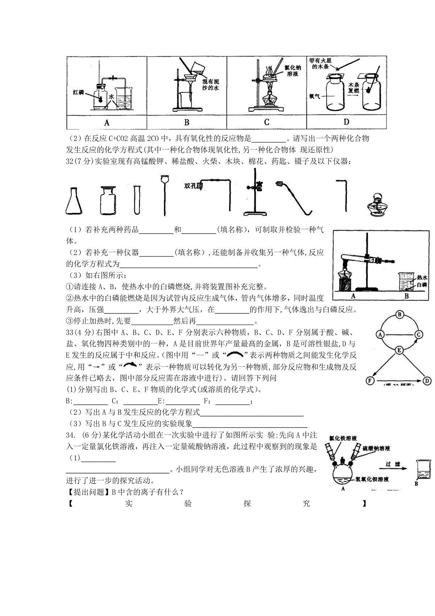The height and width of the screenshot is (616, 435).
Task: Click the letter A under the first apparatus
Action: [x=107, y=123]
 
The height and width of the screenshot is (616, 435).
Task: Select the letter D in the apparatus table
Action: [x=346, y=122]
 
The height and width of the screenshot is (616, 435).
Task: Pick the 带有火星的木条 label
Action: [x=320, y=63]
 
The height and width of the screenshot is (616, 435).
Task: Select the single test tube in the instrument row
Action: [x=137, y=200]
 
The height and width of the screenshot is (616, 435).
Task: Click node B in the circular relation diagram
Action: [x=399, y=315]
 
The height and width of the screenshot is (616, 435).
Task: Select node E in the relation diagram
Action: [x=399, y=350]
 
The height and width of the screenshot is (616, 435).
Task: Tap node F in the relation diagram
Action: [x=370, y=381]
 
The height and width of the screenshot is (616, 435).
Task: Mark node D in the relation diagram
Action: [x=427, y=381]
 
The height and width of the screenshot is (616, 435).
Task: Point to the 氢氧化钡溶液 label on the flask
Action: [x=372, y=479]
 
